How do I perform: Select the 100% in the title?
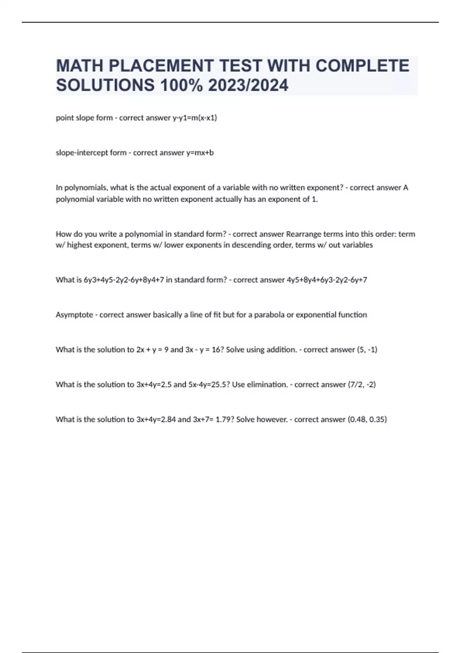pyautogui.click(x=181, y=85)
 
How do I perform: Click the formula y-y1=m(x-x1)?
pyautogui.click(x=195, y=118)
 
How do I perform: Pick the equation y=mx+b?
pyautogui.click(x=200, y=153)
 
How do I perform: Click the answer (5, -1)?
pyautogui.click(x=367, y=350)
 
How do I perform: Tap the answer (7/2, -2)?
pyautogui.click(x=362, y=385)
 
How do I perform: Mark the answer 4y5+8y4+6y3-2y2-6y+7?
pyautogui.click(x=327, y=280)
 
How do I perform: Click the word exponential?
pyautogui.click(x=316, y=315)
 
